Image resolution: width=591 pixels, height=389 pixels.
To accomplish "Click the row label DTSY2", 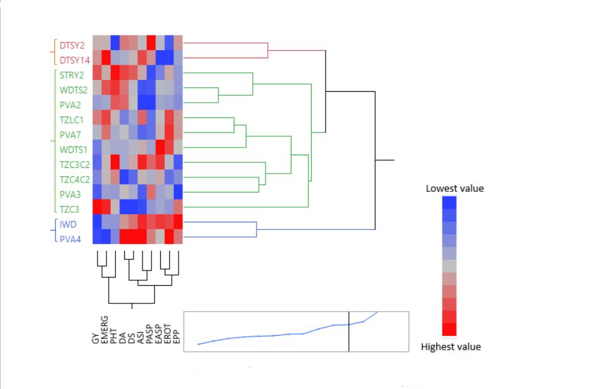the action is (x=72, y=45).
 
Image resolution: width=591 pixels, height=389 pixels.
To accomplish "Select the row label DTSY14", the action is (x=75, y=60).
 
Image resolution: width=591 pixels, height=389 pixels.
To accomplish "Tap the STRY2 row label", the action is (x=72, y=75).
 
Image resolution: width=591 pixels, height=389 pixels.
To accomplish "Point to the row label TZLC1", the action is (x=71, y=120).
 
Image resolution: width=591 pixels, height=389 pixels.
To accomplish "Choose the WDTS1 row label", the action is (x=73, y=150).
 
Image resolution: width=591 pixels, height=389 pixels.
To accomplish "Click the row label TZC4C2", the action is (x=75, y=179).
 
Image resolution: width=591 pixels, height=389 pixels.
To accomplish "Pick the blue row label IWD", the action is (x=68, y=224).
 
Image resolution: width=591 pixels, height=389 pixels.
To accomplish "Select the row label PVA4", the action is (x=70, y=239).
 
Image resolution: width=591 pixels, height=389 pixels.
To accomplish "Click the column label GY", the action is (x=96, y=338).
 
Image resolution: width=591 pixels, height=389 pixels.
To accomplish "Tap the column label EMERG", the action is (x=105, y=330).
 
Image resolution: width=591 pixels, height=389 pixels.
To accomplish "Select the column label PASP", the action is (x=149, y=335).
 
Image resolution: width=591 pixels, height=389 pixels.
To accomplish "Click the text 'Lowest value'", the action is (x=455, y=188).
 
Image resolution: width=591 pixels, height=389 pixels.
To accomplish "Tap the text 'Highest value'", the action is (x=451, y=347).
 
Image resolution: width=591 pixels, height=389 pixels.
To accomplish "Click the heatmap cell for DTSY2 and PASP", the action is (x=151, y=42).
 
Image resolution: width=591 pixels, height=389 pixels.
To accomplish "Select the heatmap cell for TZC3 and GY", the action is (x=98, y=207).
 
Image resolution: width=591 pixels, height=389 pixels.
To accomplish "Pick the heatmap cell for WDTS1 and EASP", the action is (x=160, y=147).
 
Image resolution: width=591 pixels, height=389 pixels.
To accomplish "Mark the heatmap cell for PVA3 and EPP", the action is (x=178, y=192).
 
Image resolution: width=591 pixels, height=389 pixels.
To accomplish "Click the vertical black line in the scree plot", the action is (x=349, y=332).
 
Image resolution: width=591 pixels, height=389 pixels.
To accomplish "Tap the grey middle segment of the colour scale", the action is (x=449, y=266).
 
